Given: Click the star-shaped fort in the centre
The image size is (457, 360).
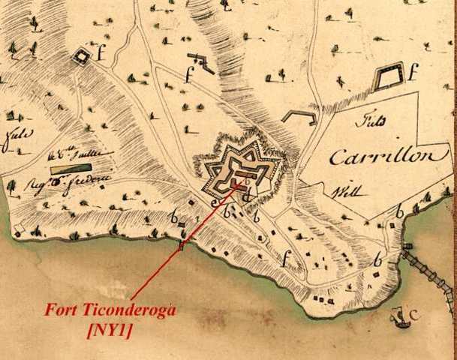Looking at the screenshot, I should (239, 172).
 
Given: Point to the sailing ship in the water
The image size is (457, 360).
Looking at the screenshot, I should (400, 319).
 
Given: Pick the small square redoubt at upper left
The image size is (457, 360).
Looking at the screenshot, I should (80, 55).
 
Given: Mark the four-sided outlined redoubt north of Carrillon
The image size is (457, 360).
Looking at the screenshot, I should (386, 77).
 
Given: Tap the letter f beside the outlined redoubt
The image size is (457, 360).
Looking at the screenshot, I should (412, 73).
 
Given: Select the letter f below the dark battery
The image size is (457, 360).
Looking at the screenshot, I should (191, 75).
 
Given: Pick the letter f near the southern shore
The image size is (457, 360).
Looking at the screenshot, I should (284, 261).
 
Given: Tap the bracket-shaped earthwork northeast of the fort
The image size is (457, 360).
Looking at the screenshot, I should (298, 115).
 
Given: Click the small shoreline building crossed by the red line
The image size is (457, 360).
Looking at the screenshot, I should (181, 245).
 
